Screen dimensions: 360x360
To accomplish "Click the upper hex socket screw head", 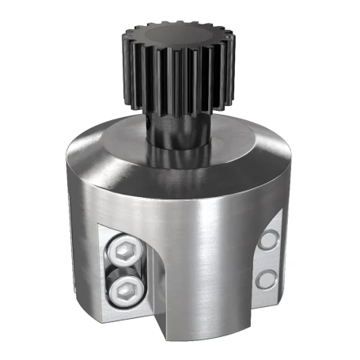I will point(126,252).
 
